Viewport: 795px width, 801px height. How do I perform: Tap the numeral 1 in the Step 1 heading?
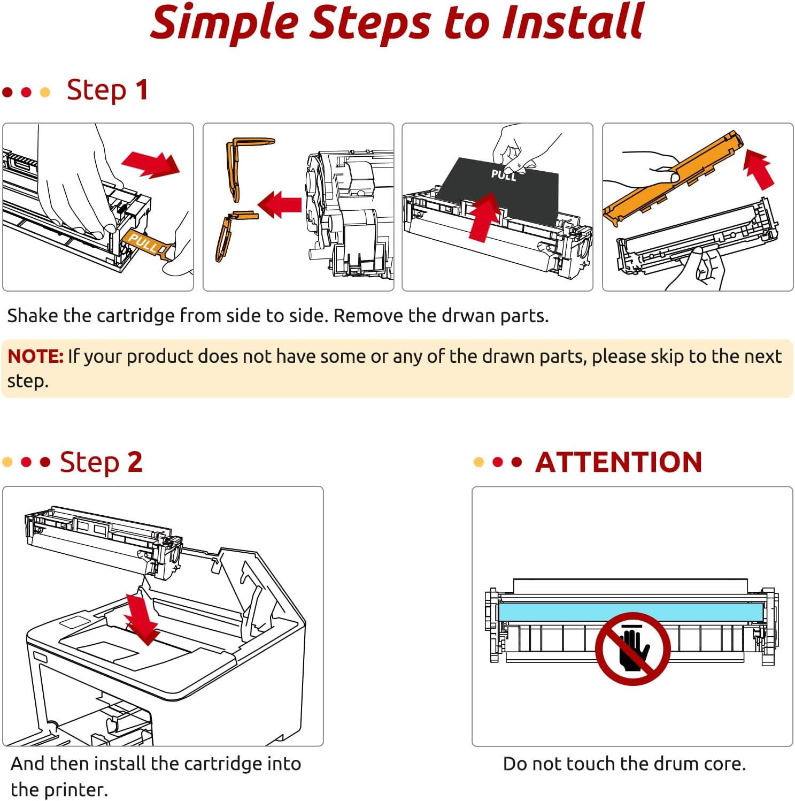coord(141,90)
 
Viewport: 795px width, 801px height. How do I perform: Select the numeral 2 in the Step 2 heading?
coord(135,462)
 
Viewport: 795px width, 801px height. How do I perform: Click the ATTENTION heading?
coord(619,462)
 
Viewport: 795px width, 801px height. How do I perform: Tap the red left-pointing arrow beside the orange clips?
coord(280,204)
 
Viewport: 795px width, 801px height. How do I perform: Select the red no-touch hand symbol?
coord(633,649)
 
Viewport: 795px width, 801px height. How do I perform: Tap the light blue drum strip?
coord(561,611)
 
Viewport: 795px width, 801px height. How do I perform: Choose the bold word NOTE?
coord(36,356)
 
